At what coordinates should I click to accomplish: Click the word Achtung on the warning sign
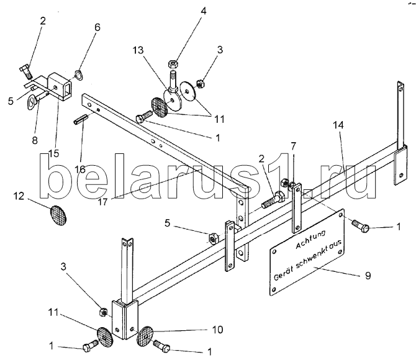coord(310,240)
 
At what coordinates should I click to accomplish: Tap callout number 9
coord(368,276)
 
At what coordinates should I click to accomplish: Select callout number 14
coord(338,125)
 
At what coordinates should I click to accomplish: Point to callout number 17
coord(103,202)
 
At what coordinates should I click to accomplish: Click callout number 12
coord(19,196)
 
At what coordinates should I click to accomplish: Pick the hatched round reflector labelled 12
coord(58,215)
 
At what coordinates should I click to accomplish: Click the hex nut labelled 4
coord(173,64)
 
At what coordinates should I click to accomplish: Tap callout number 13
coord(138,50)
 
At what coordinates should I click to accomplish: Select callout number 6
coord(97,27)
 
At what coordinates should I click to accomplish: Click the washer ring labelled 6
coord(79,75)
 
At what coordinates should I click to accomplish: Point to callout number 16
coord(80,169)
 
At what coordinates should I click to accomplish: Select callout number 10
coord(217,330)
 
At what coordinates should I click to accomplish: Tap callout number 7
coord(294,146)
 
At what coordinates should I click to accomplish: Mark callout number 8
coord(35,140)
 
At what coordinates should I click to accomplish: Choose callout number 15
coord(53,153)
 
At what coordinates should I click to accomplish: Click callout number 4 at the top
coord(203,11)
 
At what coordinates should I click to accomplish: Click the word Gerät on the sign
coord(283,273)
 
